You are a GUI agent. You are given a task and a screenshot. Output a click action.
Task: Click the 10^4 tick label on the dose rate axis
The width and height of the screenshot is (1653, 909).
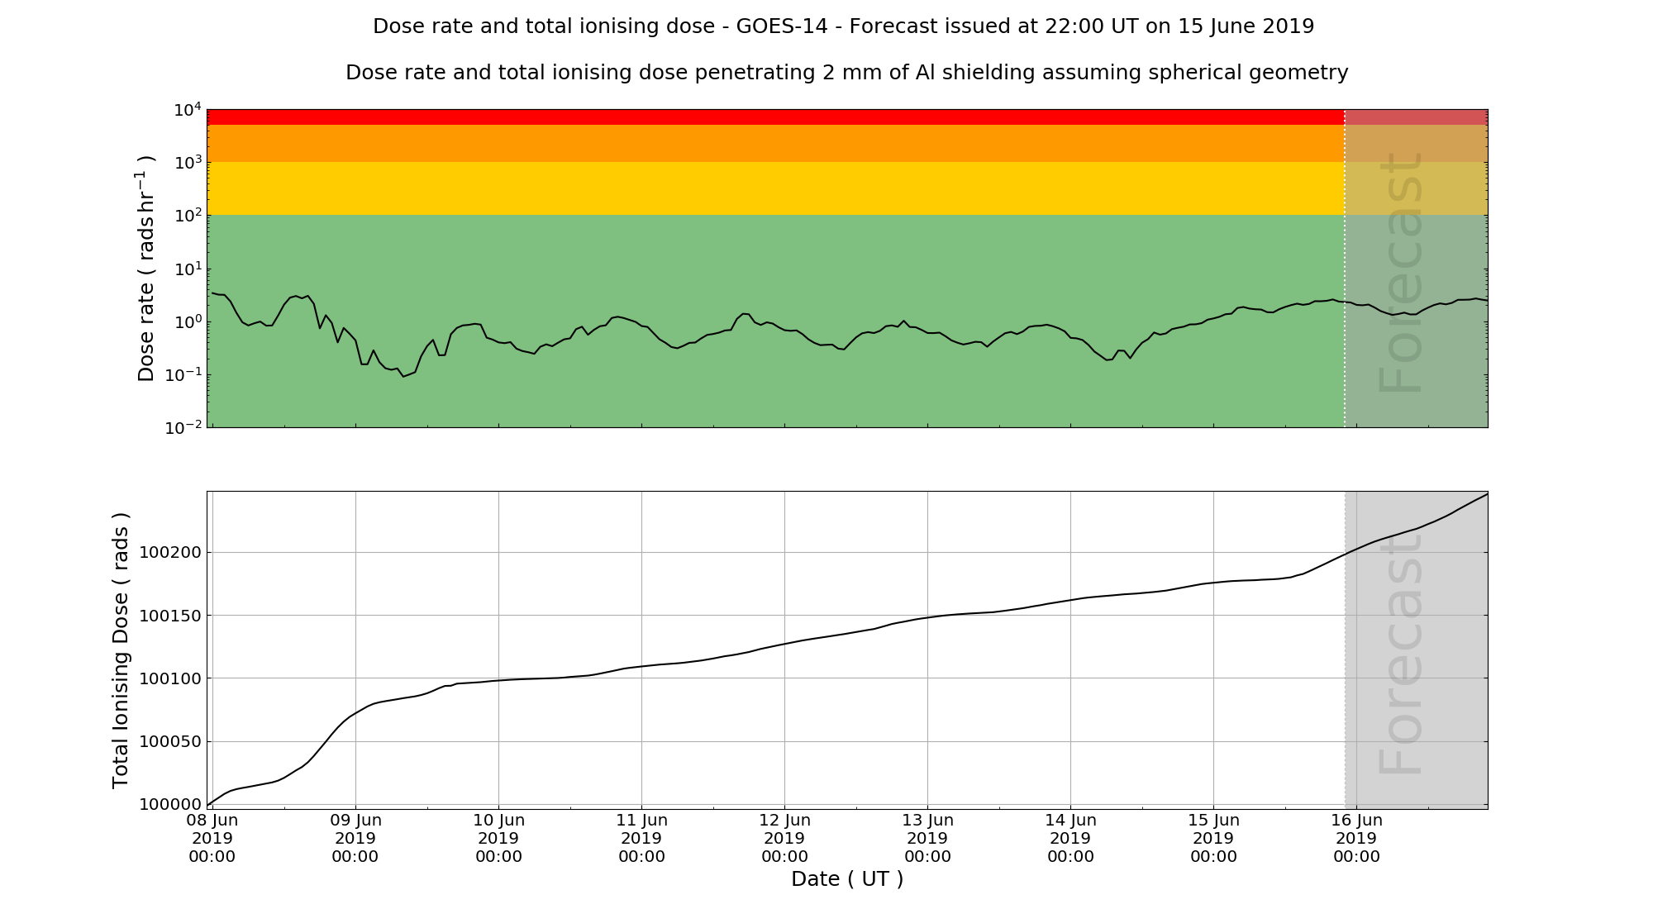[187, 110]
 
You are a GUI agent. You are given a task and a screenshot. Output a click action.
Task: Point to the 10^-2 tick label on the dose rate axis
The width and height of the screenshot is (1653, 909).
[183, 428]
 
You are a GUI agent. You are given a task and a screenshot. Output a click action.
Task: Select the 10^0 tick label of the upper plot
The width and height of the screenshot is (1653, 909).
[187, 322]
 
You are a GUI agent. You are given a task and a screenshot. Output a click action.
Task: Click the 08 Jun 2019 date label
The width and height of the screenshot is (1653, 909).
[212, 839]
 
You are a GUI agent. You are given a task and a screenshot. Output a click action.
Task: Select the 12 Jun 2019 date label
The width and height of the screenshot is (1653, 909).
[784, 839]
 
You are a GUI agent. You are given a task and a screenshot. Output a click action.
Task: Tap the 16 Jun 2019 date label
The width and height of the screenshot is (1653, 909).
[1356, 839]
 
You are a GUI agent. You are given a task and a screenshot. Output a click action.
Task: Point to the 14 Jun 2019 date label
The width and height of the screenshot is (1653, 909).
[1070, 839]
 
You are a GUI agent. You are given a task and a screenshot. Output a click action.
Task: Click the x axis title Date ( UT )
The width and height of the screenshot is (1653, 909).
[847, 879]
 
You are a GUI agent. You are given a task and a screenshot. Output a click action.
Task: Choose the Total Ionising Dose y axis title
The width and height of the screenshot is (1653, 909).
[121, 650]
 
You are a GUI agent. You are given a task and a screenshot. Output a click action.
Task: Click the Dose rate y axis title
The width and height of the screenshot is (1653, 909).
[145, 268]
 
